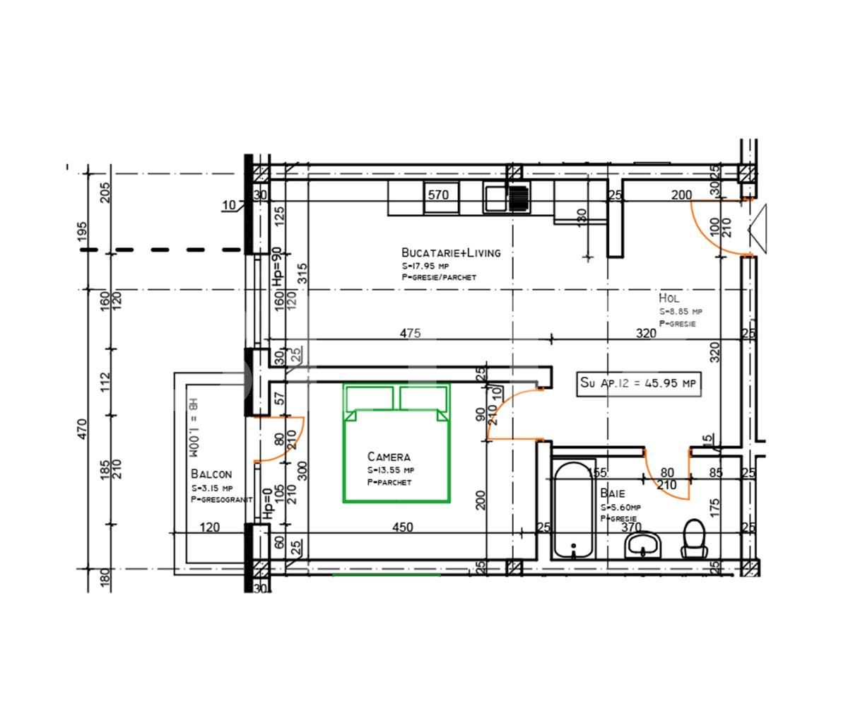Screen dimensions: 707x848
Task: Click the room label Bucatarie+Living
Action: coord(450,252)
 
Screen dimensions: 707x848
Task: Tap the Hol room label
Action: coord(669,298)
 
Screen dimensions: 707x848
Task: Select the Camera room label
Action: coord(388,457)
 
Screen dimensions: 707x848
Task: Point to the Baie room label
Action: coord(612,493)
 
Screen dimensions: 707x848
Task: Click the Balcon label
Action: coord(211,474)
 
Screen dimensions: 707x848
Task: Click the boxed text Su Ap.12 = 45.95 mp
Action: coord(639,382)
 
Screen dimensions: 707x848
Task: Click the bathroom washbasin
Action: coord(642,544)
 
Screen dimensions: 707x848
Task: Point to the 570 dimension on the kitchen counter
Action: coord(438,195)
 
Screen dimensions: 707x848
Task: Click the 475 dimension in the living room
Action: coord(410,333)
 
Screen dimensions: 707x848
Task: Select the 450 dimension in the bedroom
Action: coord(402,527)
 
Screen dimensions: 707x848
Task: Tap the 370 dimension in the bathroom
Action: coord(630,527)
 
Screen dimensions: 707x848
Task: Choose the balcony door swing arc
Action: coord(286,442)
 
